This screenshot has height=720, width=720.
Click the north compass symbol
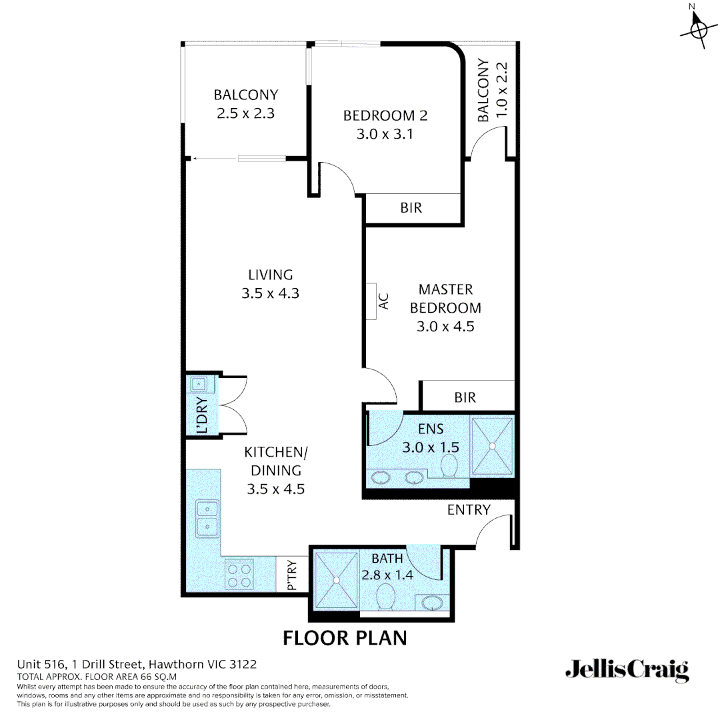pos(698,29)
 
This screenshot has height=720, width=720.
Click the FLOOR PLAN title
pos(345,637)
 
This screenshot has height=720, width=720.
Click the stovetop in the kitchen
pos(239,574)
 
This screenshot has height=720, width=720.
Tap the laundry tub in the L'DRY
pos(199,385)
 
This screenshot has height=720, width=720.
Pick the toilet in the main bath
pos(386,597)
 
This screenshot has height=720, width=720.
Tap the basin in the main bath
pos(433,603)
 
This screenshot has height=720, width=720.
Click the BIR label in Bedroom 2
pos(411,208)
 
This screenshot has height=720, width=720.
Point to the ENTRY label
pos(469,510)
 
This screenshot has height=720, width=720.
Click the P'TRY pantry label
pos(291,575)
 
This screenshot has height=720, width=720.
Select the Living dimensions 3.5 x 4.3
pos(270,293)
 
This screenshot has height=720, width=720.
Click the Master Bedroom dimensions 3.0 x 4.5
pos(445,327)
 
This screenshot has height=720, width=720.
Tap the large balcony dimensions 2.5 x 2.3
pos(245,113)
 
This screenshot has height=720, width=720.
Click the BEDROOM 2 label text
pos(385,115)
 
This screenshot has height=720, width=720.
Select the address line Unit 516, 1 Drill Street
pos(137,664)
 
